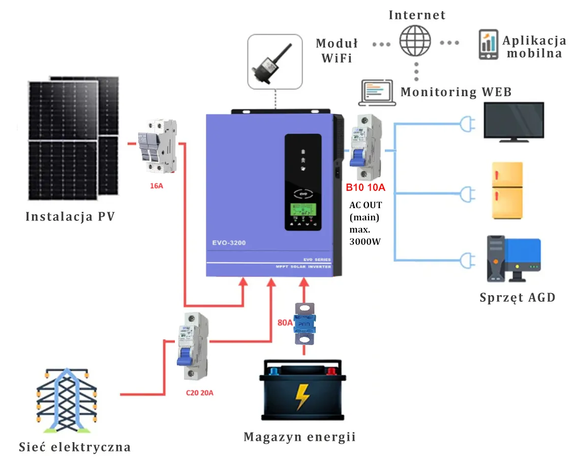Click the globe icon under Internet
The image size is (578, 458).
(x=415, y=41)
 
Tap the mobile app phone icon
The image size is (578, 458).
(x=488, y=45)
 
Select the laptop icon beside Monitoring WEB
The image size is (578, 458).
(x=377, y=93)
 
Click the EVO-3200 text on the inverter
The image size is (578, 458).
(x=229, y=243)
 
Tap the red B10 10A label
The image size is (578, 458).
(x=366, y=188)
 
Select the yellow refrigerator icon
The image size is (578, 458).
(x=507, y=191)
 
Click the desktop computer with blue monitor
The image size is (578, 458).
(x=513, y=259)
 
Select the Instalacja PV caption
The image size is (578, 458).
(x=70, y=217)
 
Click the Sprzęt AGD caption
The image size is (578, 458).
(x=517, y=298)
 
